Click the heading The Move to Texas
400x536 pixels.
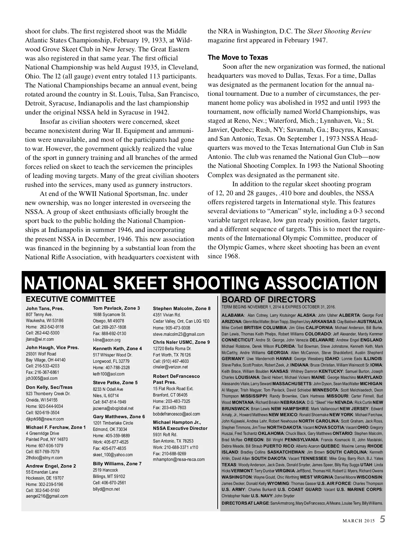tap(238, 57)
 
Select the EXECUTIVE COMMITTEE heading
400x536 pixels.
tap(70, 299)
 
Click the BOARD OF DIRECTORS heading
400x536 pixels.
tap(268, 299)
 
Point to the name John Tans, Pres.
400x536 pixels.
tap(45, 308)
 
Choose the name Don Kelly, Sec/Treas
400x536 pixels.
tap(49, 387)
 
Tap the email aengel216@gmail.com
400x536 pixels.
tap(47, 496)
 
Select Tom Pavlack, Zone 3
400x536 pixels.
tap(116, 308)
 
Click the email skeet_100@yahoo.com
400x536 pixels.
tap(113, 455)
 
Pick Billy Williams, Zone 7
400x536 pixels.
tap(117, 464)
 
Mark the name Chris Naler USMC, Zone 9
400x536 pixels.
tap(181, 342)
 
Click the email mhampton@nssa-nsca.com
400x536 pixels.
tap(179, 460)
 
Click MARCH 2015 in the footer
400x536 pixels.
tap(359, 521)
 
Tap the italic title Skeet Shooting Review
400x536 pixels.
tap(339, 31)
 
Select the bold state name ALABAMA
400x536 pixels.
tap(233, 315)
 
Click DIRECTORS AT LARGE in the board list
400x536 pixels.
tap(245, 503)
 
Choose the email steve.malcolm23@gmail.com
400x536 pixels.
tap(179, 334)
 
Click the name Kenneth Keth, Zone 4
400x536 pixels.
tap(117, 348)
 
